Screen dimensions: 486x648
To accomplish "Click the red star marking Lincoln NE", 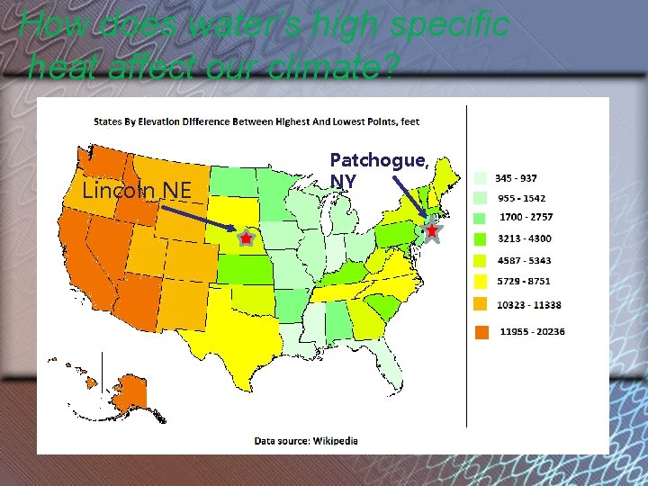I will coord(246,238).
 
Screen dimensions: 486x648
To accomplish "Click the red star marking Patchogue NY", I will coord(432,231).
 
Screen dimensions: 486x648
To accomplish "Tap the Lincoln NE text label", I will coord(137,190).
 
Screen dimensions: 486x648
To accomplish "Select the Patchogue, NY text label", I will coord(377,170).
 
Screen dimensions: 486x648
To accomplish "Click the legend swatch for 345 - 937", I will coord(482,178).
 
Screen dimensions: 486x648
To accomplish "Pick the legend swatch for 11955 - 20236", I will coord(482,332).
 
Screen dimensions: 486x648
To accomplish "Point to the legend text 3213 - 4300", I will coord(526,238).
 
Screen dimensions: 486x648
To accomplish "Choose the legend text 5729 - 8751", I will coord(526,282).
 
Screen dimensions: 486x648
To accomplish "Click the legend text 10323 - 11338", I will coord(529,305).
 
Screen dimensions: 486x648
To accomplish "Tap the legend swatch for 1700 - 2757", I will coord(482,218).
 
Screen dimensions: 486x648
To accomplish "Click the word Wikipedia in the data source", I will coord(335,441).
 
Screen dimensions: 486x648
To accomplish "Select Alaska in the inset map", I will coord(131,392).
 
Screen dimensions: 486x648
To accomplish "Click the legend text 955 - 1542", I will coord(522,197).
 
